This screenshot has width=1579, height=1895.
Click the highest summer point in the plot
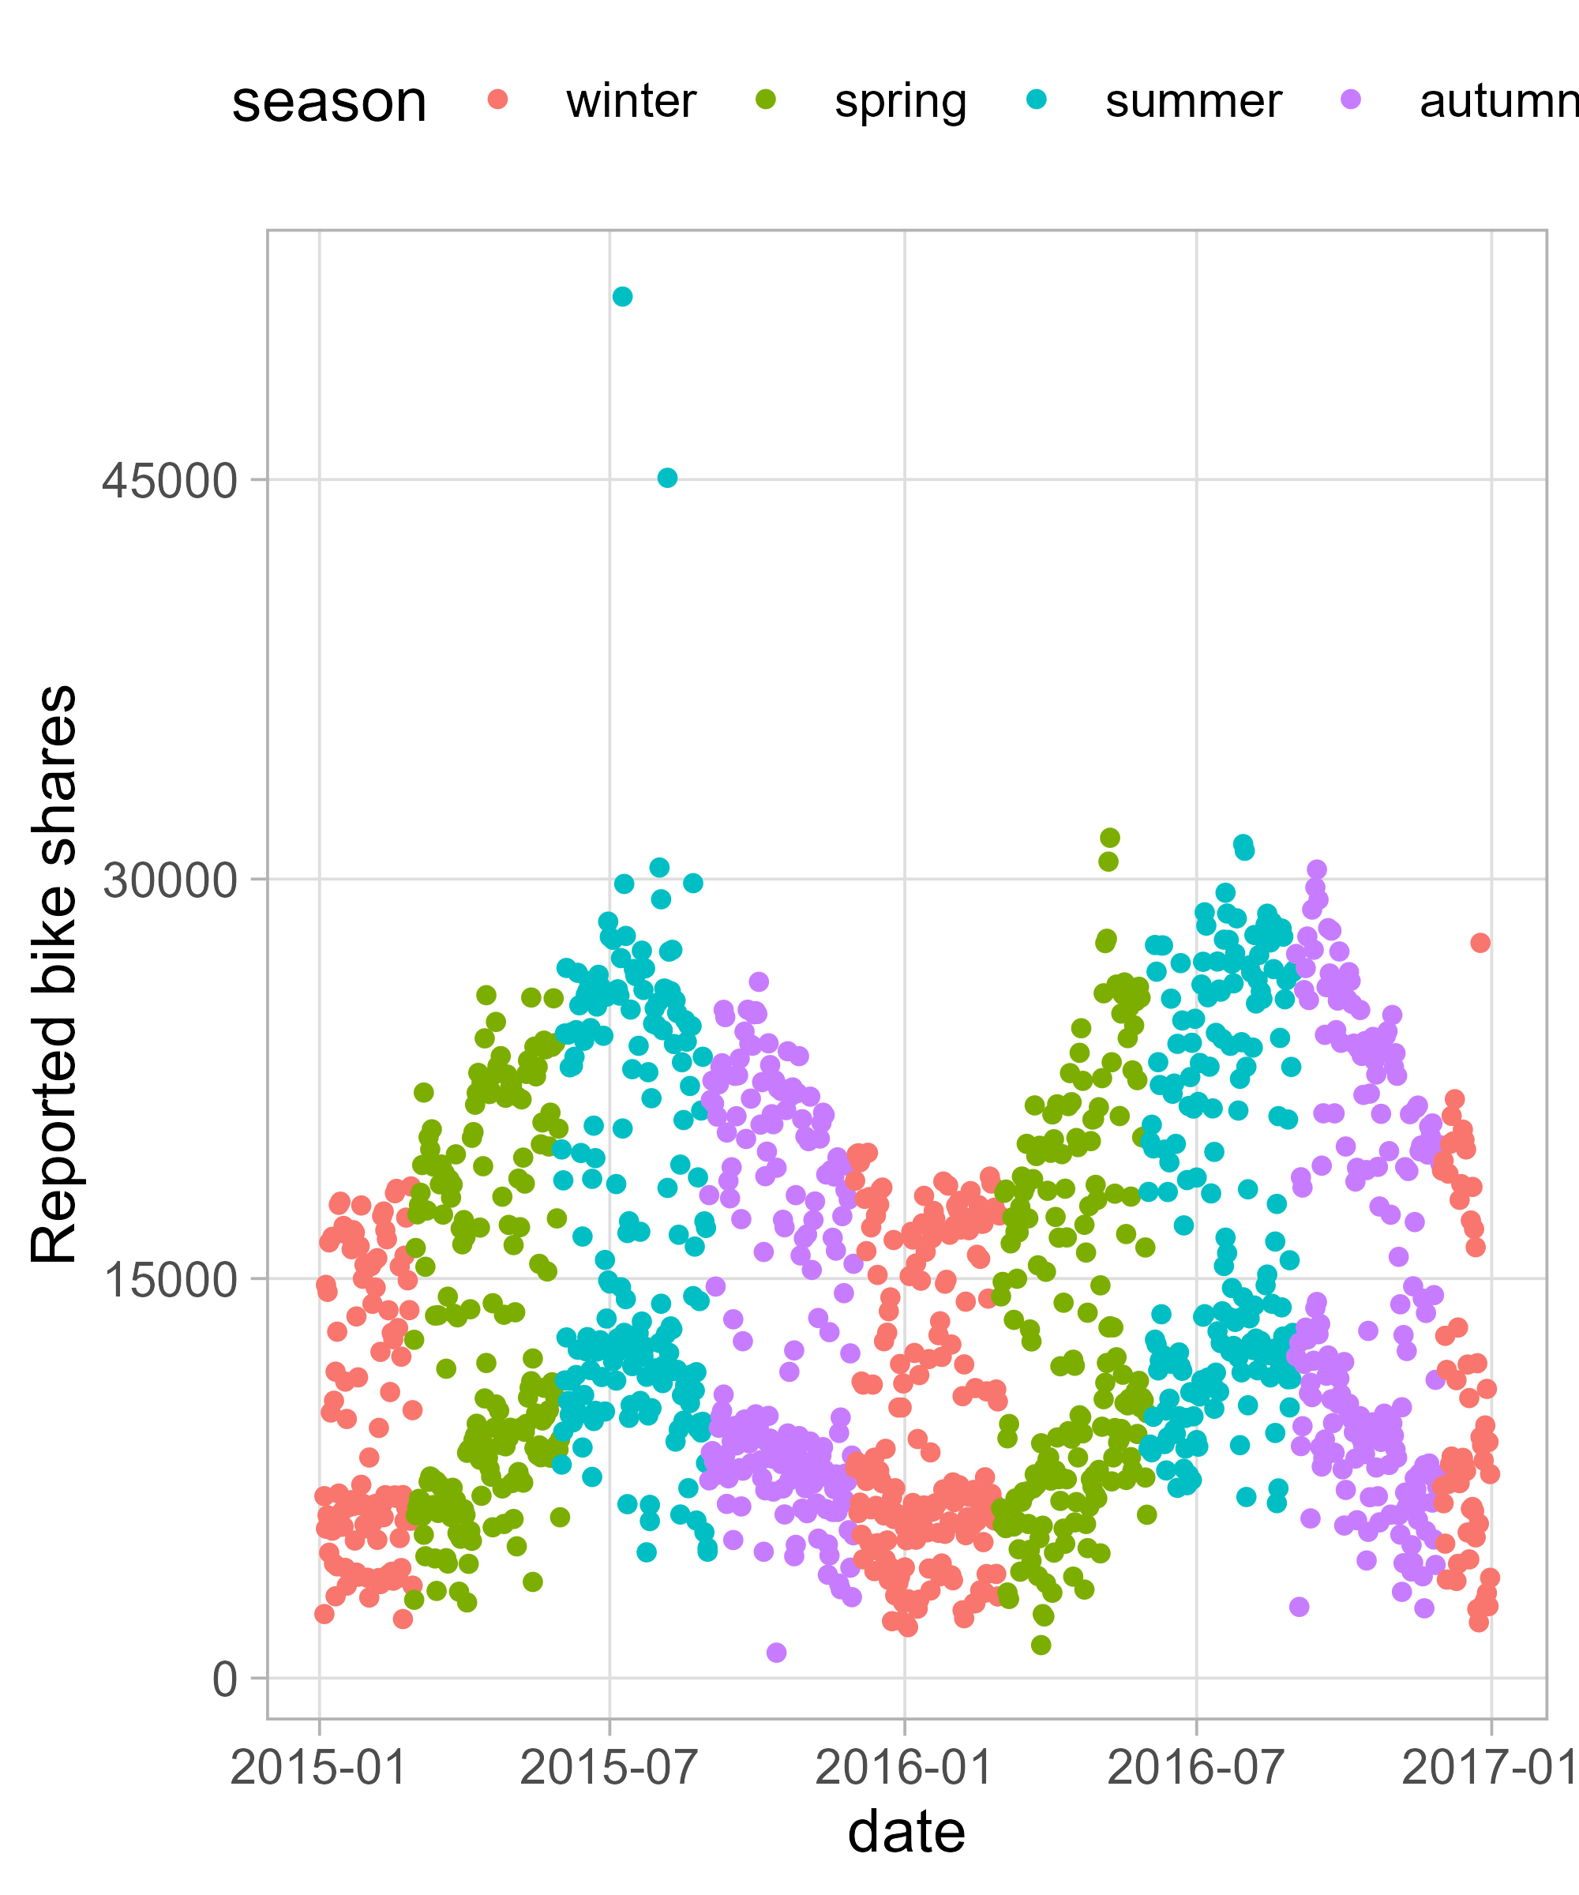pos(621,297)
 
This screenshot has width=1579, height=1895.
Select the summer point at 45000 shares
pos(667,478)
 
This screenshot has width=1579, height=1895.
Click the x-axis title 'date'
pos(906,1833)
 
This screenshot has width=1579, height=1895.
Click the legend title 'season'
pos(328,101)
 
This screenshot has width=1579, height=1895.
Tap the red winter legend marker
pos(497,99)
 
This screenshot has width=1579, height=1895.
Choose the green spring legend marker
pos(766,99)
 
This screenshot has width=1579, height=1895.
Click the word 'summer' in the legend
pos(1193,101)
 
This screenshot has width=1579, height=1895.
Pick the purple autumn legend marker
pos(1351,99)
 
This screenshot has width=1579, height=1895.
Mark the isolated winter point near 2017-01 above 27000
pos(1480,943)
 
